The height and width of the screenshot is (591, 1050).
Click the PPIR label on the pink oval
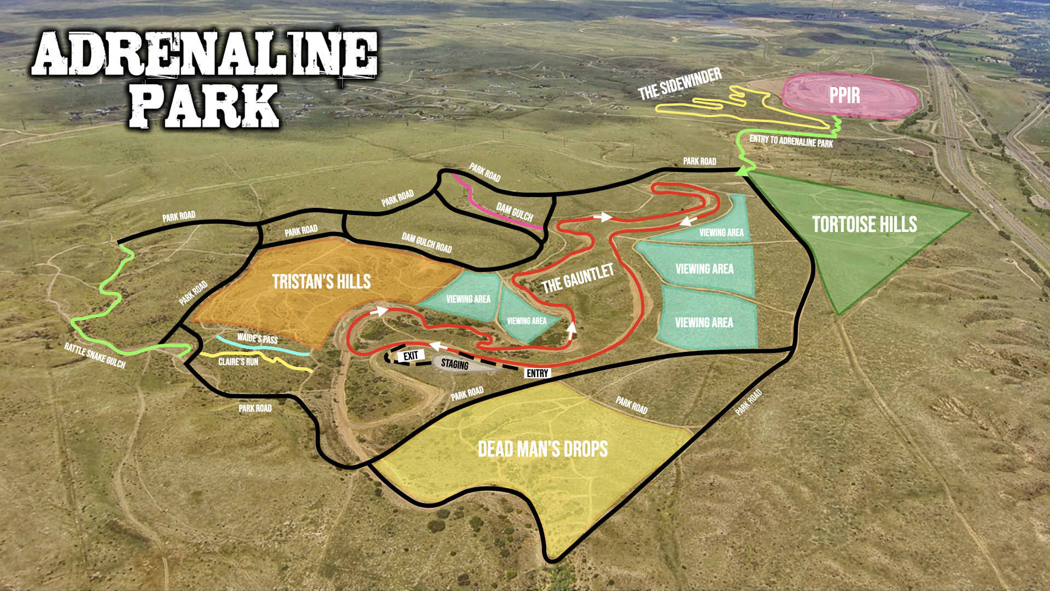(844, 96)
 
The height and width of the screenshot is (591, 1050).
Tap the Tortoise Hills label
(864, 224)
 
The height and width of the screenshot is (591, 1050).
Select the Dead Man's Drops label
(542, 449)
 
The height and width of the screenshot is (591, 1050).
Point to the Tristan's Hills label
(322, 282)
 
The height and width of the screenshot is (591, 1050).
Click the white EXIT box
(411, 356)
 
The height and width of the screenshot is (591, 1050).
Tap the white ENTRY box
(537, 373)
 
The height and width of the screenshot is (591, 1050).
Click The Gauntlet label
(577, 278)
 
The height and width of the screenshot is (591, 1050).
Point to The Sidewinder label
(680, 84)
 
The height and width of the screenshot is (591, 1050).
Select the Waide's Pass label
(258, 339)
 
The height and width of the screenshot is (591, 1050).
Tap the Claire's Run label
(238, 362)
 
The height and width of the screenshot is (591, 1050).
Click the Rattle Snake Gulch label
(95, 356)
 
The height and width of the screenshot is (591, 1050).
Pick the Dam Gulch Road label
(427, 243)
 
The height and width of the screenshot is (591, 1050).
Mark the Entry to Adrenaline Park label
(791, 141)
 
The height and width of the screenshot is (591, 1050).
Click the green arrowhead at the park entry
(742, 172)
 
